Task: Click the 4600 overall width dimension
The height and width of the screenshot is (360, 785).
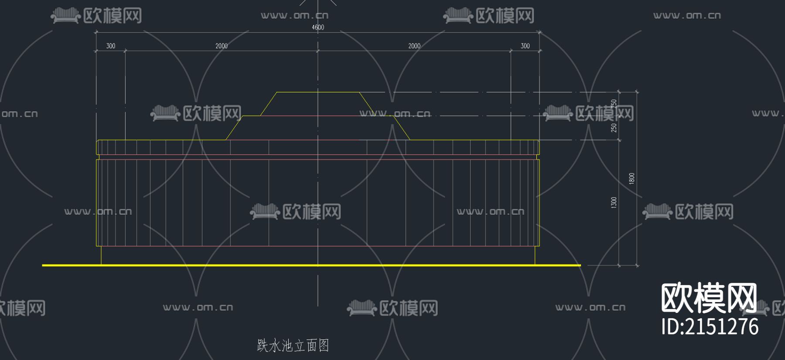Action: click(318, 27)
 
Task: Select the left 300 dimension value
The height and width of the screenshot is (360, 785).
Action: click(111, 46)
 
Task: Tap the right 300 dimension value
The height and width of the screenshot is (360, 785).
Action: click(525, 46)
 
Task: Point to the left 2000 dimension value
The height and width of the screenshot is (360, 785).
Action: click(222, 46)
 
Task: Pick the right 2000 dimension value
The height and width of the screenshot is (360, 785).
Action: click(414, 46)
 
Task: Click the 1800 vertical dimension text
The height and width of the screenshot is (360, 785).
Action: click(631, 178)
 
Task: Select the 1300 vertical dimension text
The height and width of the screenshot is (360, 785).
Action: click(614, 202)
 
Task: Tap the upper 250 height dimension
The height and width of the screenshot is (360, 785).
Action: click(614, 104)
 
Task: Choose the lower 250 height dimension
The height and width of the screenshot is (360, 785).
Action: click(614, 128)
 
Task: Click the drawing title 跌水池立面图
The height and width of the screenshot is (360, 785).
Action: click(293, 346)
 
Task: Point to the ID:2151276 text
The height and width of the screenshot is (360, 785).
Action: click(710, 327)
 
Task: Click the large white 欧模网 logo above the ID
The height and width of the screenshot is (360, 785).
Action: click(709, 298)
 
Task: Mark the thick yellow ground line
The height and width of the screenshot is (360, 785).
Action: click(311, 265)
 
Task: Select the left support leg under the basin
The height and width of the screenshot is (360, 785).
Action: click(101, 255)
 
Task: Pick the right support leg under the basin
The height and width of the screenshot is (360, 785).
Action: click(535, 255)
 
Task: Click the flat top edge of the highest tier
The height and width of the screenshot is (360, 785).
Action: click(318, 92)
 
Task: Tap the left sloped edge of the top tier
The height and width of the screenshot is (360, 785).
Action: click(269, 104)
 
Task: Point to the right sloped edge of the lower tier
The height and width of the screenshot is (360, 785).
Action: click(402, 128)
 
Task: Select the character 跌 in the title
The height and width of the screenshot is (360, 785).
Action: click(263, 346)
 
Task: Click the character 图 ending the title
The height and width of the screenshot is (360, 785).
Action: click(324, 346)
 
